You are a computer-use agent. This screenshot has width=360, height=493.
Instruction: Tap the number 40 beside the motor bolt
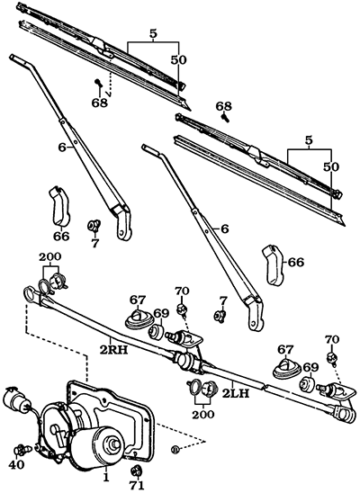pyautogui.click(x=15, y=465)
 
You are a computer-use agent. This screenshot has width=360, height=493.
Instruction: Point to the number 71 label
pyautogui.click(x=137, y=486)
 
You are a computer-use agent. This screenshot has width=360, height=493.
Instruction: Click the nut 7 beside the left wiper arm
pyautogui.click(x=93, y=224)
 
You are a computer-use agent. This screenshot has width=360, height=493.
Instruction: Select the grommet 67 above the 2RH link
pyautogui.click(x=138, y=318)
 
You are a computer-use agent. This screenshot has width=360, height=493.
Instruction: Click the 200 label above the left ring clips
pyautogui.click(x=49, y=256)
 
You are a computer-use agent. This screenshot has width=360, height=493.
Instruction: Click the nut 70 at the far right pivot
pyautogui.click(x=331, y=358)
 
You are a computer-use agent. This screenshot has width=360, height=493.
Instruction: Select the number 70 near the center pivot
pyautogui.click(x=183, y=291)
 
